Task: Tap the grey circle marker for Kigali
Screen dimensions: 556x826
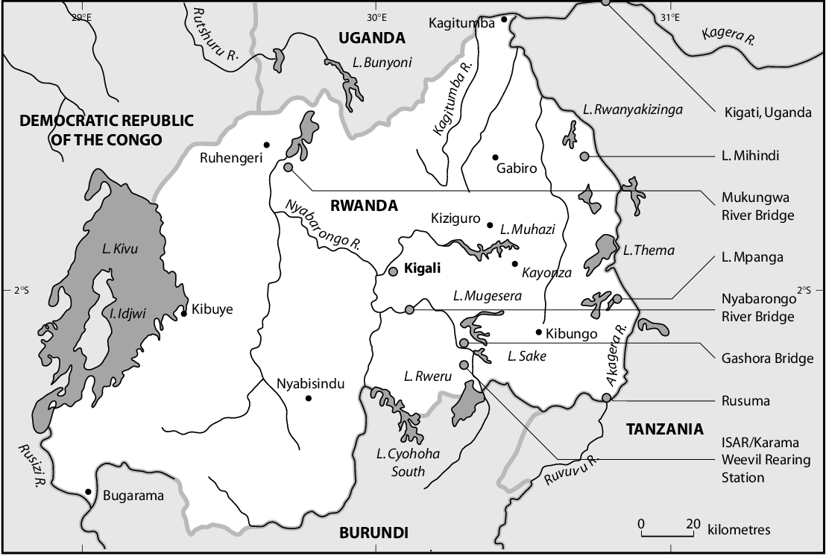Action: (x=394, y=271)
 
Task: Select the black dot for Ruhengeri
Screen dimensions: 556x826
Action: (x=266, y=144)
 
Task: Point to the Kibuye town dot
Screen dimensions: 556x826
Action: (x=183, y=314)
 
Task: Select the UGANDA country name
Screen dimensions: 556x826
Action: (x=371, y=39)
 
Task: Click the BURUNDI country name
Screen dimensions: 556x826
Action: (x=373, y=533)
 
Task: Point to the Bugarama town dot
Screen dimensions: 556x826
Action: (x=89, y=492)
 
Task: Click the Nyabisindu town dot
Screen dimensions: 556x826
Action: (x=308, y=398)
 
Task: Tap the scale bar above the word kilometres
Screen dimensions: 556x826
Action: (x=667, y=534)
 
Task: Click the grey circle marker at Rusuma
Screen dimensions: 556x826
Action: (x=607, y=397)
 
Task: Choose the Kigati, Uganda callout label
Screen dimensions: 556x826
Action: (x=767, y=113)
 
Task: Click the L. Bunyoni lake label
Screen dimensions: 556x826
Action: (x=383, y=63)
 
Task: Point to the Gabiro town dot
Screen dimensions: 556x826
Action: (x=495, y=157)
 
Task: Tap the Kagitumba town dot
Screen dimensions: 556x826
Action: (x=505, y=19)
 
